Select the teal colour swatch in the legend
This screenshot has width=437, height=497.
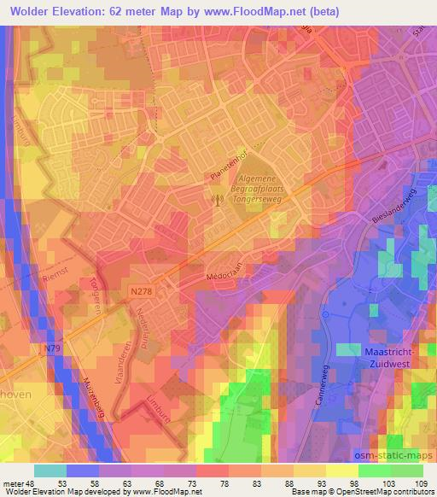50,471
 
